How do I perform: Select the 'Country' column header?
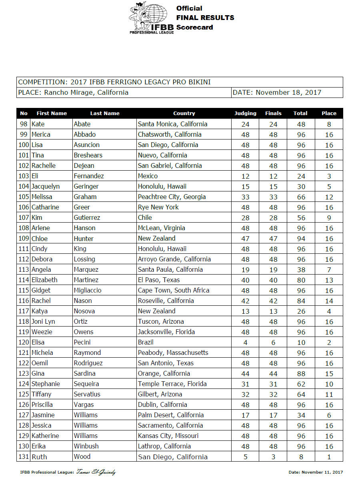(x=184, y=113)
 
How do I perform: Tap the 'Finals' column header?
(x=273, y=113)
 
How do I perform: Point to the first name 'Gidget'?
(x=41, y=290)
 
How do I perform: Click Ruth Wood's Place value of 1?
(x=329, y=457)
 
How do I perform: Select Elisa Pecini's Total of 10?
(x=300, y=343)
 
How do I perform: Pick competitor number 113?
(x=24, y=269)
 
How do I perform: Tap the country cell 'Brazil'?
(x=146, y=342)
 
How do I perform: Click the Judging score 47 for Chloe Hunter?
(x=245, y=239)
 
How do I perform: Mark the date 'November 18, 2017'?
(x=288, y=92)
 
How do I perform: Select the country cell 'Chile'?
(x=145, y=217)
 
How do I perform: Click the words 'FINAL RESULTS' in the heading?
(x=205, y=18)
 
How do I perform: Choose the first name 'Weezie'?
(x=42, y=332)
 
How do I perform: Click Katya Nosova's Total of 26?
(x=300, y=311)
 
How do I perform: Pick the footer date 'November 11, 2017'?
(x=323, y=472)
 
